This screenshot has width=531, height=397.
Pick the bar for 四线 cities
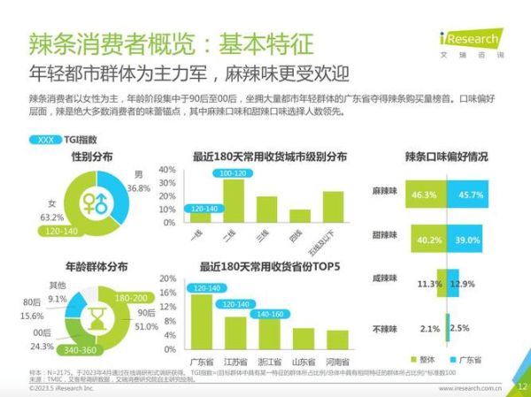click(300, 216)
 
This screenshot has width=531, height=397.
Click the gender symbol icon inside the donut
click(96, 202)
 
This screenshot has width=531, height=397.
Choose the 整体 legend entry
click(430, 360)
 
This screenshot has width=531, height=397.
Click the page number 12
click(521, 386)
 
